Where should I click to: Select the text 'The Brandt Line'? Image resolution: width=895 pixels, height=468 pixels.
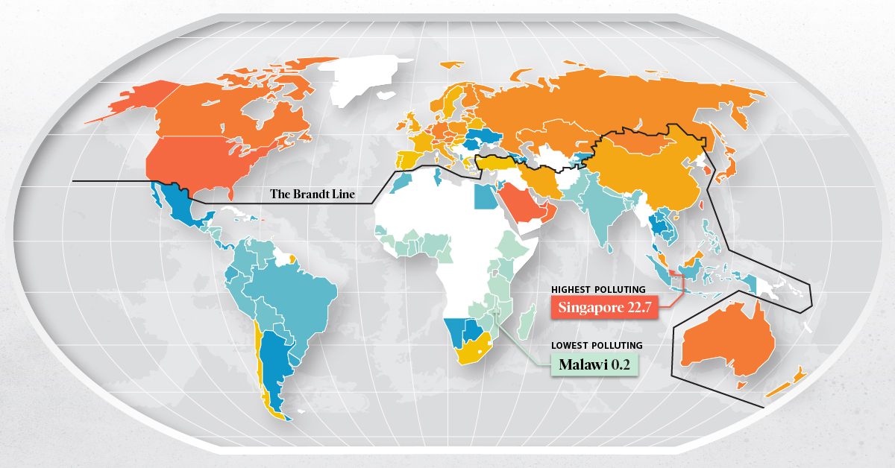pos(313,195)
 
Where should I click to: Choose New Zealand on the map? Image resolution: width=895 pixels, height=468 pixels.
pos(791,380)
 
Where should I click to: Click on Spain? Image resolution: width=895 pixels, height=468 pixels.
pos(409,159)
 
